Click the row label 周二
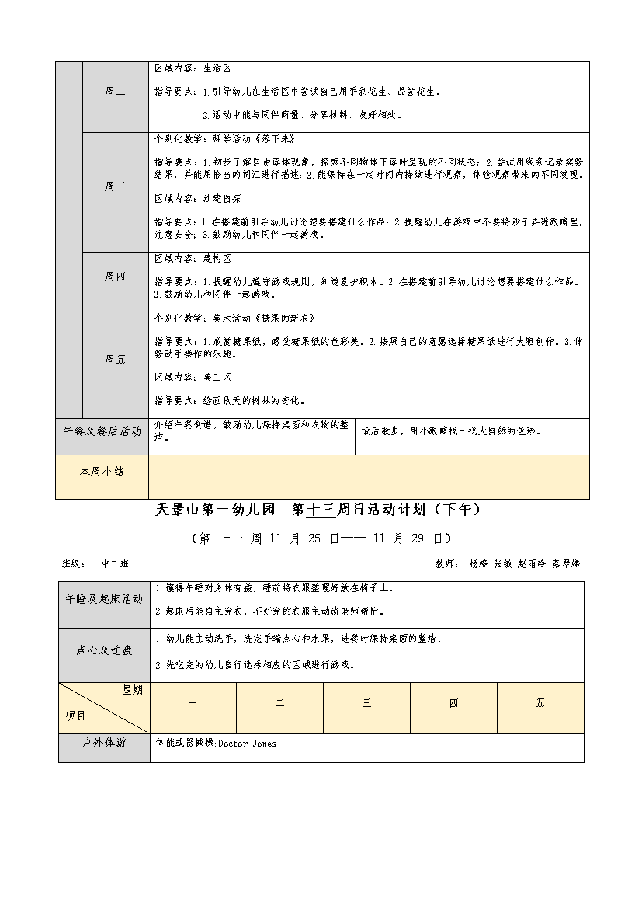pos(115,92)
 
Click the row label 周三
pos(115,186)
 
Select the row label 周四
pos(115,277)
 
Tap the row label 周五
pos(115,360)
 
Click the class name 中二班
pos(118,565)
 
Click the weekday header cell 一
pos(193,703)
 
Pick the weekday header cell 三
pos(366,703)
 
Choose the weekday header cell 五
pos(540,703)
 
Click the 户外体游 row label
pos(104,744)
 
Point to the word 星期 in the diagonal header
pos(132,691)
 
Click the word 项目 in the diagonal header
pos(75,716)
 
